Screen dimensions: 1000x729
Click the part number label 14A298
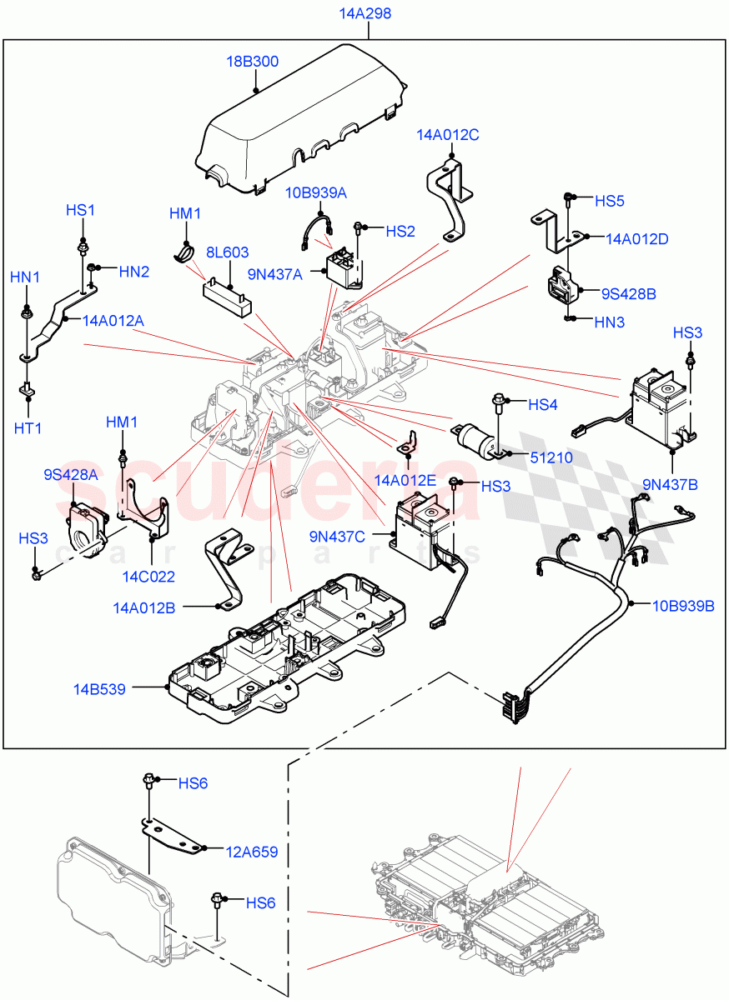point(365,14)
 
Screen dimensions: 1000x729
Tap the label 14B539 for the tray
point(99,689)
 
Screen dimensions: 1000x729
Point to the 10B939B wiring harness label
point(683,606)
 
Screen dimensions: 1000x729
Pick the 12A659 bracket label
point(251,852)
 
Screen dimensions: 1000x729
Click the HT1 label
point(28,428)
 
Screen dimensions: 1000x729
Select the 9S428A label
point(71,475)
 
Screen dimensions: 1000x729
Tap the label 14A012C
point(448,135)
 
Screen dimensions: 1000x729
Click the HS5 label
point(609,201)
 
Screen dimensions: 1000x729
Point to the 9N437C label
point(359,536)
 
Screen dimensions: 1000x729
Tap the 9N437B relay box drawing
point(663,408)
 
